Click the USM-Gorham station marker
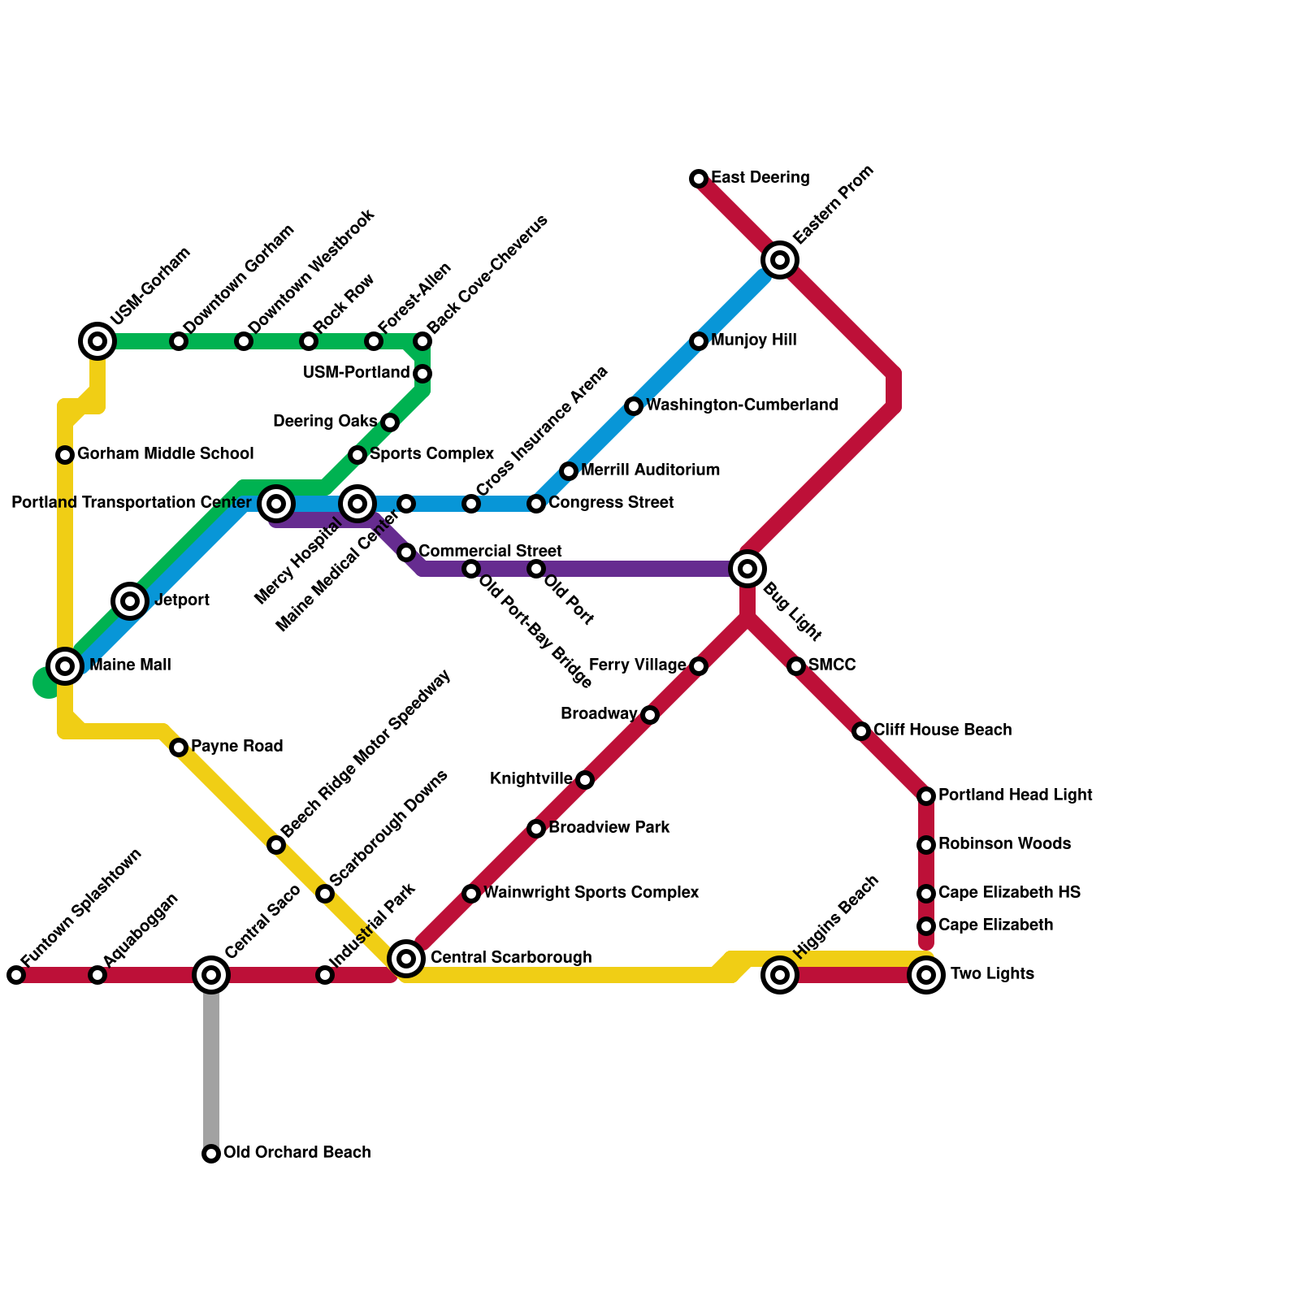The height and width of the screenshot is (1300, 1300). [x=97, y=341]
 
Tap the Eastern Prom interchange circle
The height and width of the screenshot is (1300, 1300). [x=780, y=260]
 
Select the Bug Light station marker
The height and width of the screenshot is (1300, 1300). [x=747, y=569]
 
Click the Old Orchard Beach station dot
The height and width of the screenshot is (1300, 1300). [x=211, y=1154]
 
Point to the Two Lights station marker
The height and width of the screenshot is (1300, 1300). [x=926, y=975]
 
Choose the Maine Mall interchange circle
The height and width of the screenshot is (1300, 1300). [x=65, y=666]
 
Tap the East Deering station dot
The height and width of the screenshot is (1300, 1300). [x=699, y=179]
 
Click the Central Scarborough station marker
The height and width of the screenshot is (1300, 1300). [x=406, y=959]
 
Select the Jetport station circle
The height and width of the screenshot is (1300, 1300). [x=130, y=601]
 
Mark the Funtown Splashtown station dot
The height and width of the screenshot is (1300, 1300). [x=16, y=975]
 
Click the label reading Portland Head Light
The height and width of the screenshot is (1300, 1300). [x=1015, y=795]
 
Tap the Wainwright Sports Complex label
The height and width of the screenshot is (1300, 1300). [x=591, y=893]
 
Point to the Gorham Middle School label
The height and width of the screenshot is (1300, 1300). [x=165, y=454]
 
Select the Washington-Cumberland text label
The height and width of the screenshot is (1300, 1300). [x=742, y=405]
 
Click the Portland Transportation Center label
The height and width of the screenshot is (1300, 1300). [x=132, y=504]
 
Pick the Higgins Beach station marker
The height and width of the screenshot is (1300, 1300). [x=780, y=975]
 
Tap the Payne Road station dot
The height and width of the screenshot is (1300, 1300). [x=179, y=747]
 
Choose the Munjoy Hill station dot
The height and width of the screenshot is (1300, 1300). [x=699, y=341]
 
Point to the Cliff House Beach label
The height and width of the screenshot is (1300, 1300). [x=942, y=730]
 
